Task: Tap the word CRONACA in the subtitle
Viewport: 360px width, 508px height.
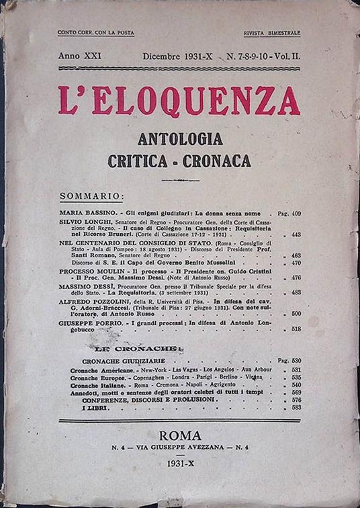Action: click(220, 161)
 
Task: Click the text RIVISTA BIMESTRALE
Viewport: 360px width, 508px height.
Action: click(272, 33)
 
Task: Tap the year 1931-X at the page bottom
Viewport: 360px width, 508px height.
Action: click(180, 464)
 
